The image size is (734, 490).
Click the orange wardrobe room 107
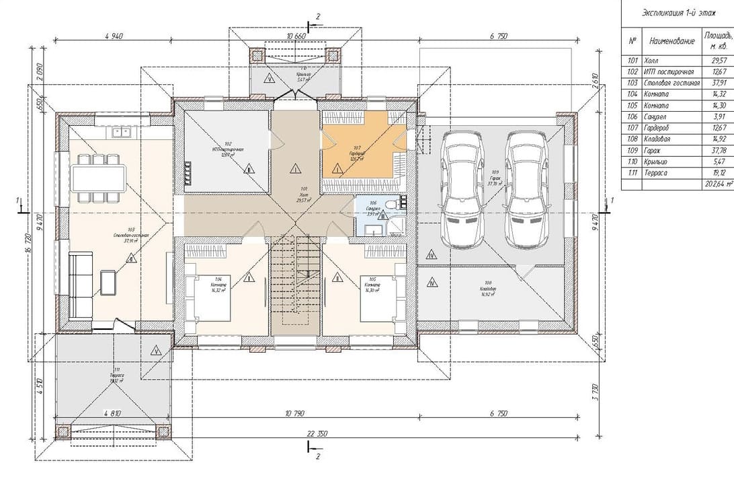(x=362, y=151)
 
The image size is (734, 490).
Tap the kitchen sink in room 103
(x=122, y=133)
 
